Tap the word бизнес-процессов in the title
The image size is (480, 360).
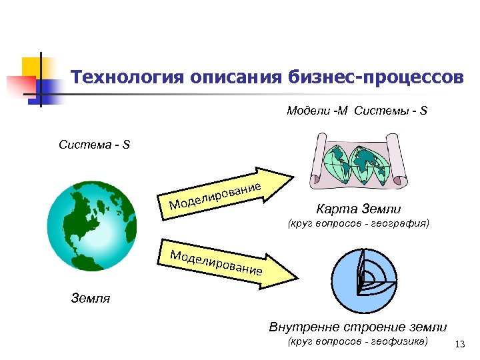coord(377,78)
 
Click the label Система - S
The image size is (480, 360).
coord(94,144)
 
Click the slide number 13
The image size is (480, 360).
coord(459,344)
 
